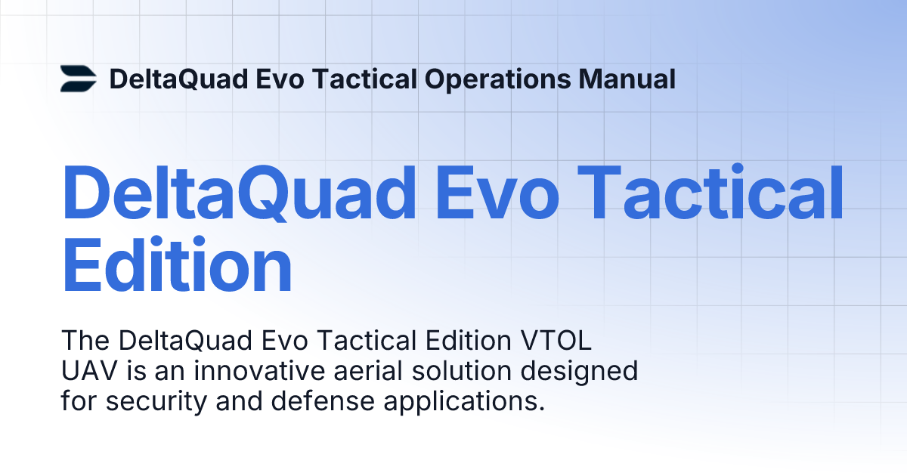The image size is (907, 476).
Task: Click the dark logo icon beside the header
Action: point(79,79)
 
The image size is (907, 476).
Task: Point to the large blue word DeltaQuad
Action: point(240,196)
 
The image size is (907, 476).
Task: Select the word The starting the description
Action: point(85,342)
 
